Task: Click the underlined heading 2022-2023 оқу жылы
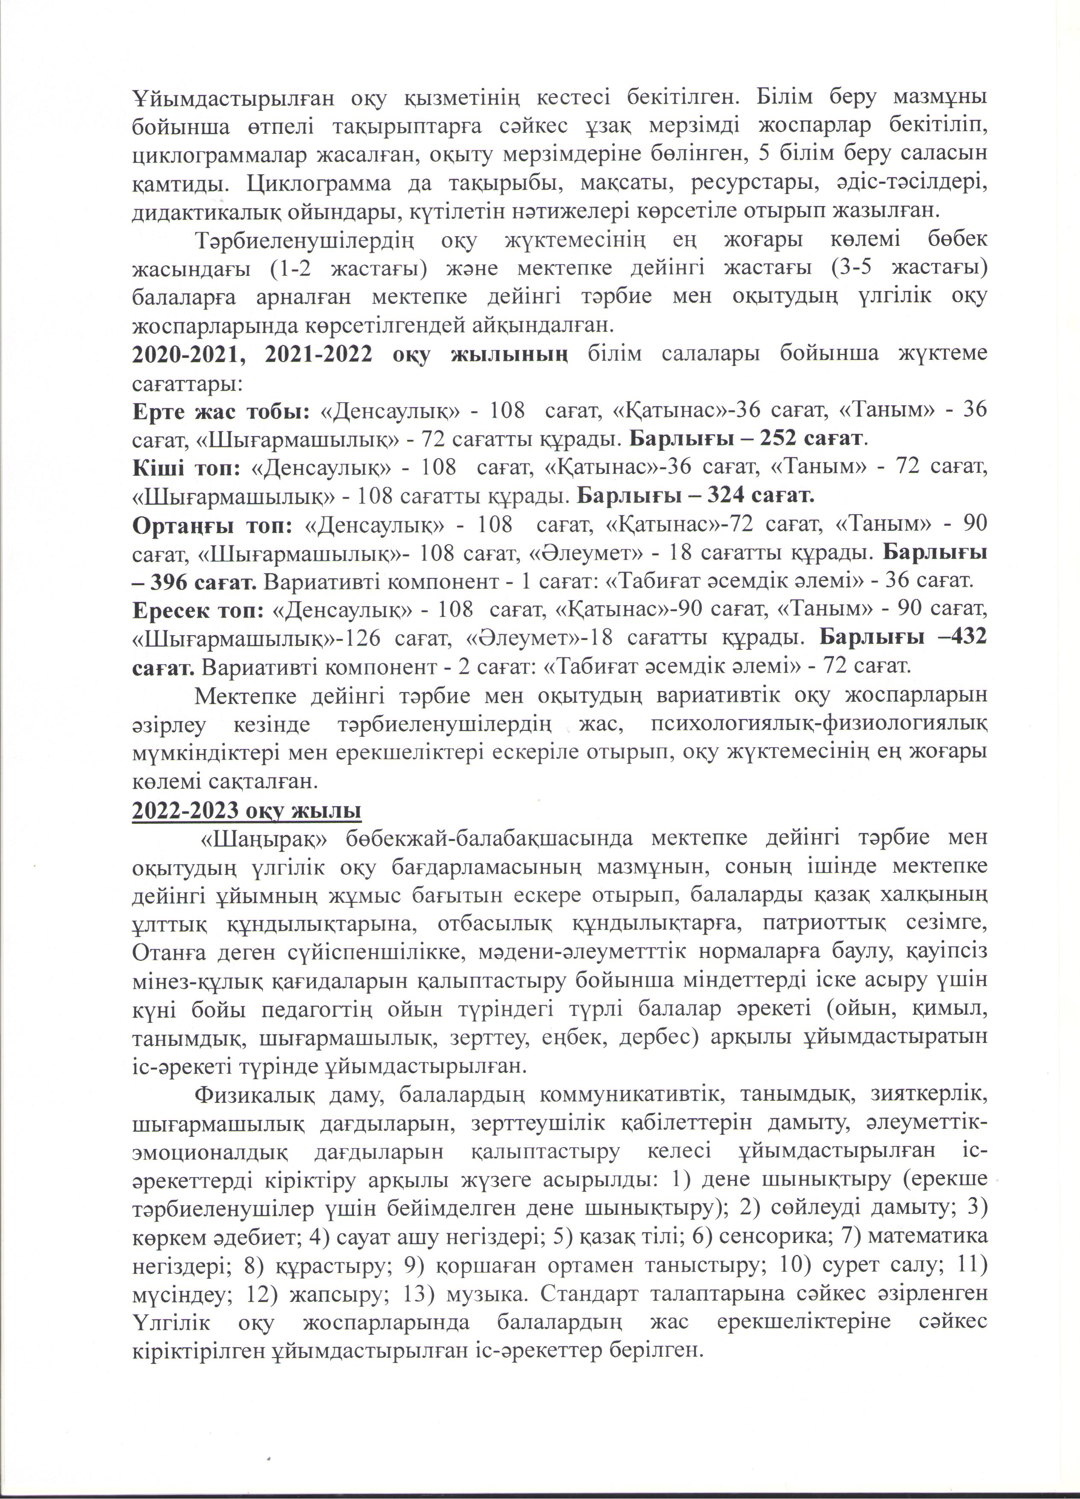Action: pos(247,811)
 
